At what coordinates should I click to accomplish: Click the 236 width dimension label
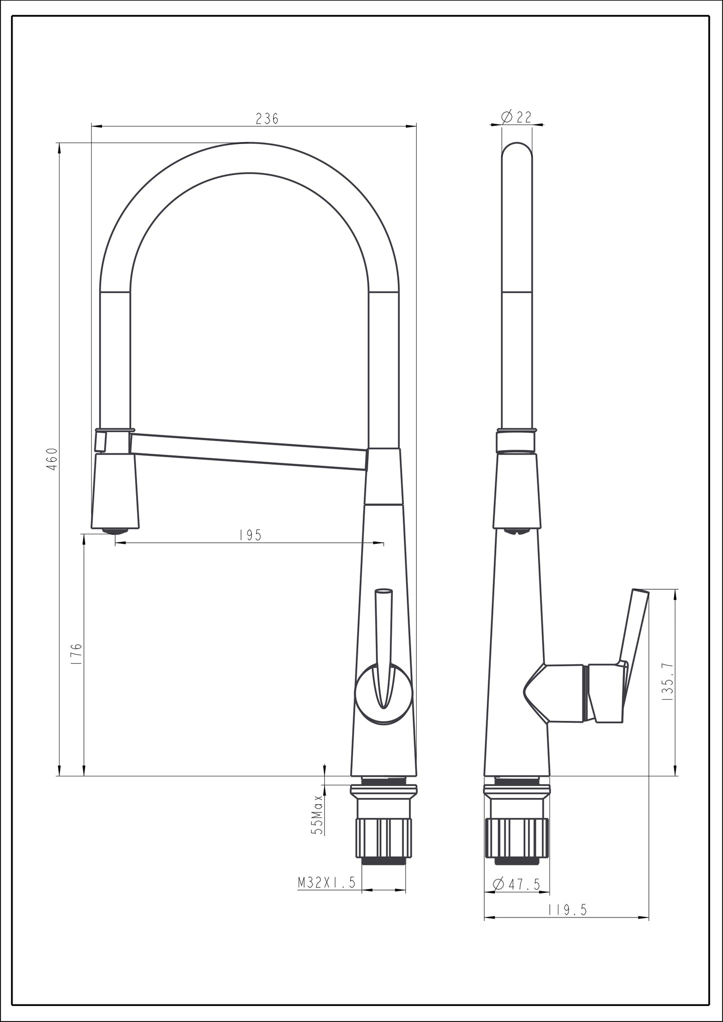[x=267, y=119]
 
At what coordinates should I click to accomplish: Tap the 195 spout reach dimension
[x=250, y=535]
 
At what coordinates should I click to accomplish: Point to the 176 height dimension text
[x=76, y=654]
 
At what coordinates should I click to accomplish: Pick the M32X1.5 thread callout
[x=327, y=883]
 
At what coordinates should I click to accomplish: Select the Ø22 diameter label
[x=516, y=117]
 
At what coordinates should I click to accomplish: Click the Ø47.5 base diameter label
[x=516, y=884]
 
